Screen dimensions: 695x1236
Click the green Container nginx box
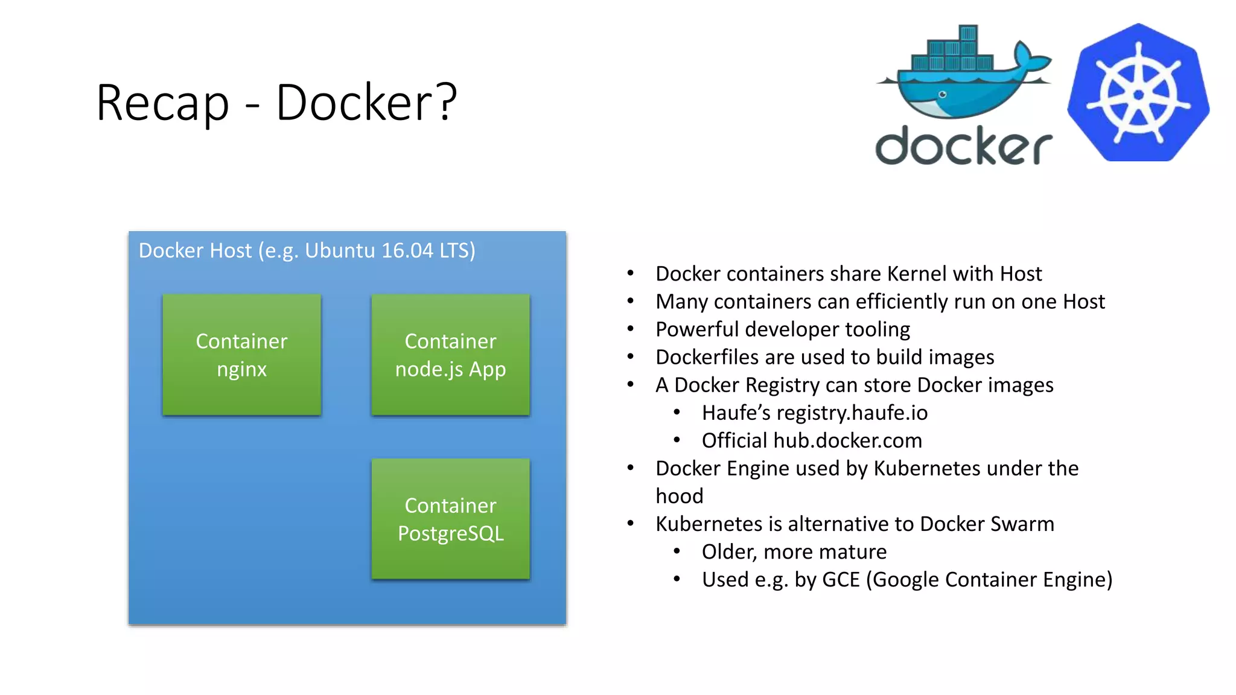coord(241,355)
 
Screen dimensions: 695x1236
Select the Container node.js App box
coord(450,355)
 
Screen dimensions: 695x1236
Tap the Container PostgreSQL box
coord(450,519)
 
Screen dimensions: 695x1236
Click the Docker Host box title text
coord(307,250)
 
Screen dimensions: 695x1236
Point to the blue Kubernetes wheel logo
coord(1138,93)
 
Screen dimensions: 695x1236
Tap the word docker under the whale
coord(964,145)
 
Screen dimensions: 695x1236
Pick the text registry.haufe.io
coord(852,413)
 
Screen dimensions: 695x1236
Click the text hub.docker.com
coord(847,440)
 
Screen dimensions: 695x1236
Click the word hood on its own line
coord(680,496)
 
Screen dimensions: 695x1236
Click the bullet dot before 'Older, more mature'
coord(677,551)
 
